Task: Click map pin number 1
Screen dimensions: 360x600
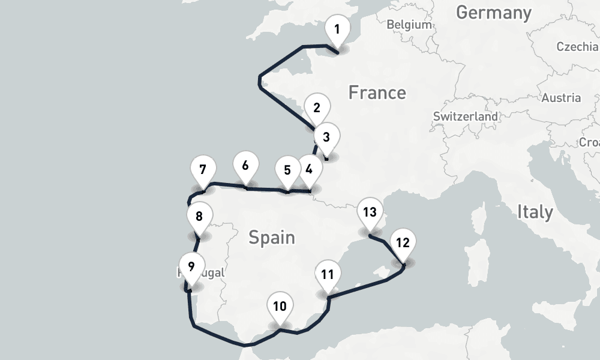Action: tap(337, 29)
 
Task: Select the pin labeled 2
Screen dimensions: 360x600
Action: tap(317, 109)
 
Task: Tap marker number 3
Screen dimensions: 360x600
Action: tap(326, 137)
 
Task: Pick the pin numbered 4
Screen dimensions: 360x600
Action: tap(308, 170)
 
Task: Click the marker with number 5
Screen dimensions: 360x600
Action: tap(287, 170)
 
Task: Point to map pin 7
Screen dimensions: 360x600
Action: tap(202, 169)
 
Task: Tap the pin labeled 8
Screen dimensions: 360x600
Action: tap(199, 217)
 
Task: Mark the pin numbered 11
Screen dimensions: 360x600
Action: tap(327, 275)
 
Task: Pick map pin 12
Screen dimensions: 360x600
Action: tap(403, 244)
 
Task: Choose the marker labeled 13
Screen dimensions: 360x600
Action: tap(370, 212)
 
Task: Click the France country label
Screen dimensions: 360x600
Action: tap(377, 93)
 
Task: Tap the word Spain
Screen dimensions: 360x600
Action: tap(272, 238)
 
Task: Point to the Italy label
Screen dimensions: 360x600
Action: tap(535, 212)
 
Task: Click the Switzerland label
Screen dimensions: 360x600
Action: tap(466, 116)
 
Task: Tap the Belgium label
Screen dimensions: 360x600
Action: tap(409, 25)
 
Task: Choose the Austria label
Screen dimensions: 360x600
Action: tap(561, 98)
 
